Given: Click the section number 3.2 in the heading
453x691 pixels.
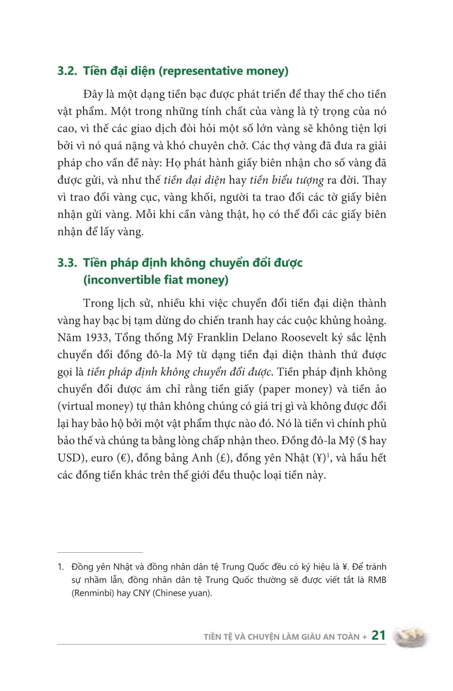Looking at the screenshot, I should [67, 71].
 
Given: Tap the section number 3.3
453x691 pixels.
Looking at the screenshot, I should [67, 262].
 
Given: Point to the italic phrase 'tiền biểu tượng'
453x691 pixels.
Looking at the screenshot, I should [287, 180].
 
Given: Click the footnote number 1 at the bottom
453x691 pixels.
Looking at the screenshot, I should [60, 567].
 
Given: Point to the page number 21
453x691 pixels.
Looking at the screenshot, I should [378, 635].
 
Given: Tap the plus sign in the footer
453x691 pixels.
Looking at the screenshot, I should [365, 637].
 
